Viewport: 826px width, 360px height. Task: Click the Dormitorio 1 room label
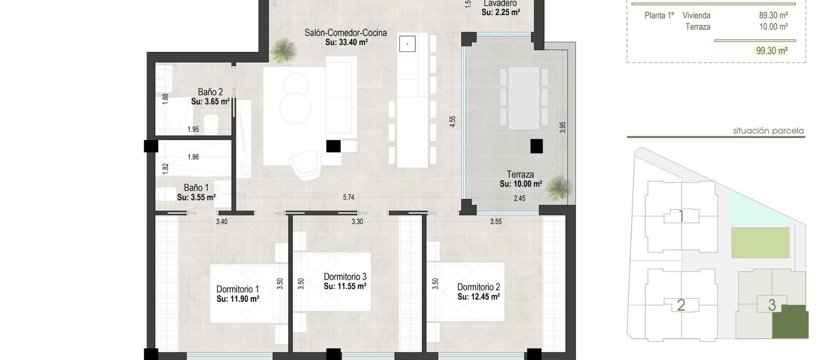point(237,289)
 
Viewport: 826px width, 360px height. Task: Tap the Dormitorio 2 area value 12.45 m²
point(478,297)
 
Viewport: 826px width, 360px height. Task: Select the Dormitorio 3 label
point(345,277)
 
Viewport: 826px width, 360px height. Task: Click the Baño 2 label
point(210,92)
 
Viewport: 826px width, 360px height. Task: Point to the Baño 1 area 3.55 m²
point(196,197)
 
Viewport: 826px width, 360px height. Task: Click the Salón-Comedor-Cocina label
point(345,33)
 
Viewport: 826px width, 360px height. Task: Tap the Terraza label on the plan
point(520,174)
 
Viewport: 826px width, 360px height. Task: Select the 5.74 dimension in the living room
point(348,197)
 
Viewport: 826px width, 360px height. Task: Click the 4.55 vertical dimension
point(452,121)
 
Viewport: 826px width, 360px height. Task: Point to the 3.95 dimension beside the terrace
point(563,127)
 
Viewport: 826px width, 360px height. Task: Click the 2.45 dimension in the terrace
point(519,198)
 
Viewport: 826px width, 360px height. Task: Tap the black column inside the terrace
point(536,146)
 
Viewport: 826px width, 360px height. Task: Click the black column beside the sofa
point(333,146)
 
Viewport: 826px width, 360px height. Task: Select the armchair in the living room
point(305,165)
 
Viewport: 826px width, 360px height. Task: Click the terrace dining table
point(524,98)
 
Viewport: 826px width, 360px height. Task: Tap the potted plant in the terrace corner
point(560,188)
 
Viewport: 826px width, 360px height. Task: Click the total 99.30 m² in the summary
point(772,51)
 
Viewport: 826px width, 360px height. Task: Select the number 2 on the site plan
point(681,305)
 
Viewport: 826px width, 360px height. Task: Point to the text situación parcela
point(768,131)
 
